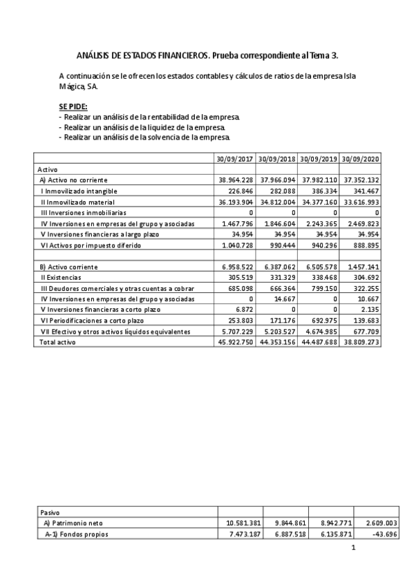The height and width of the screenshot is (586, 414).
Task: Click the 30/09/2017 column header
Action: pos(235,158)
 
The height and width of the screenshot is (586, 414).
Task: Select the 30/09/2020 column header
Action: pos(360,158)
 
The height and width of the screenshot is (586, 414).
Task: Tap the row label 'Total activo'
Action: pos(57,342)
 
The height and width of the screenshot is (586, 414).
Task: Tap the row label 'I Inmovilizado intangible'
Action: pos(79,191)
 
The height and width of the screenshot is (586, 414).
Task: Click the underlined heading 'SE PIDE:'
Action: pos(73,107)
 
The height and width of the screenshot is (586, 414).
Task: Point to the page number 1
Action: pos(353,549)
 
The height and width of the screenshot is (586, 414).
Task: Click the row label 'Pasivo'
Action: pos(50,512)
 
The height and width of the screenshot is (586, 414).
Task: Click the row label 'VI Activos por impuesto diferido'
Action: pos(91,245)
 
